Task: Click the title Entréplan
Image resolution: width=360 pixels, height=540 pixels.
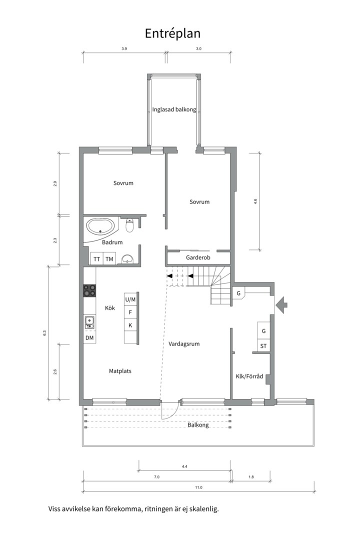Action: point(172,34)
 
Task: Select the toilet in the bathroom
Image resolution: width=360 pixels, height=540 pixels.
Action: point(130,225)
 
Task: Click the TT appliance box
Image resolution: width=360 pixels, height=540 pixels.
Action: point(97,259)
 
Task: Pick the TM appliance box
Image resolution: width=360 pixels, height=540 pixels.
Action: point(109,259)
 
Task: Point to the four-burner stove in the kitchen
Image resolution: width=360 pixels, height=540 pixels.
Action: point(89,290)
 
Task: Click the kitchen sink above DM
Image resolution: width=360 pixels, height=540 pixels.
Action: point(89,322)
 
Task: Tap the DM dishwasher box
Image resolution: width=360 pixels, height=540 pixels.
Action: point(89,338)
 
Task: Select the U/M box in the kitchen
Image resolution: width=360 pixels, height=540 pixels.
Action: point(130,299)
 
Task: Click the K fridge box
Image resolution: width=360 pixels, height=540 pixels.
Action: point(130,325)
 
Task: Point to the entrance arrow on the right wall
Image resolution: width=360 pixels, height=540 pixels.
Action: point(282,305)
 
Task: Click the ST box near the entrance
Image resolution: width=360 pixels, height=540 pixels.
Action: point(263,346)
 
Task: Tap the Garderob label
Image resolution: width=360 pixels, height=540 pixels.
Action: point(198,257)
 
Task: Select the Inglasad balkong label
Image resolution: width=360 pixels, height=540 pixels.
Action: point(174,109)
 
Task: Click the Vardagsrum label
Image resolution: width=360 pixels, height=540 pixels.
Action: point(184,343)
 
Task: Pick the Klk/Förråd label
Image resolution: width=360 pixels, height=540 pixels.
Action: point(249,376)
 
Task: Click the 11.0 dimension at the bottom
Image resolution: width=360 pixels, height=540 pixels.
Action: point(199,487)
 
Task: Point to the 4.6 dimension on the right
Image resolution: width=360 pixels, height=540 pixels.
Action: point(255,201)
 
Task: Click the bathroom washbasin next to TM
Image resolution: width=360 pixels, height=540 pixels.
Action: point(128,259)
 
